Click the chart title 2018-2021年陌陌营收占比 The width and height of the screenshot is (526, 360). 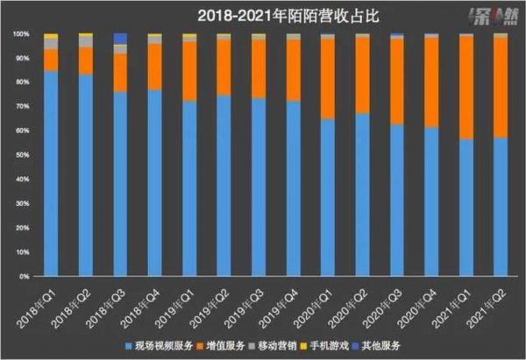tap(263, 15)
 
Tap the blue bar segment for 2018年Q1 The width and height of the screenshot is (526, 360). tap(51, 175)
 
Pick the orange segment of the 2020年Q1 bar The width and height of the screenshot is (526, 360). tap(327, 79)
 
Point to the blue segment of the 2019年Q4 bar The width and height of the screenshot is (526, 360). tap(293, 188)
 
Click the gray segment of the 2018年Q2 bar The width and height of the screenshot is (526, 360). tap(86, 41)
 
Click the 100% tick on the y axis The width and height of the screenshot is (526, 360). tap(19, 34)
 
